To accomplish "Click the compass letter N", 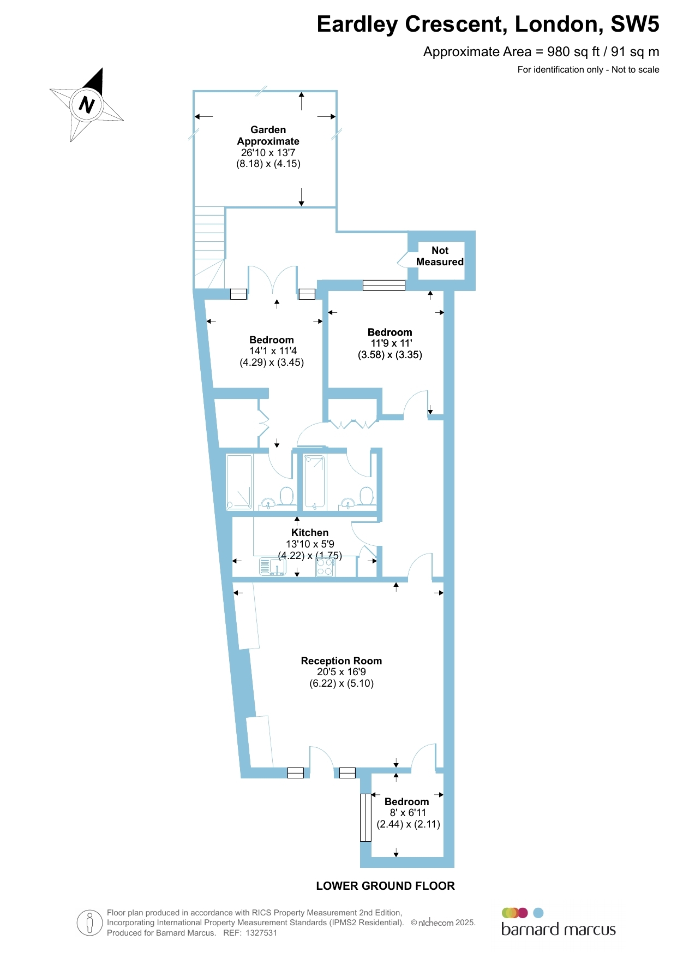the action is click(x=87, y=104).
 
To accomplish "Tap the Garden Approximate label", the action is click(x=268, y=135).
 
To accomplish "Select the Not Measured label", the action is click(x=440, y=256).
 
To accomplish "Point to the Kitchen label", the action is click(x=310, y=532).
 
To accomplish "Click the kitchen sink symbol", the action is click(x=273, y=567).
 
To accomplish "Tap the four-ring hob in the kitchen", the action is click(x=325, y=567).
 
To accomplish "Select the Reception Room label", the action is click(x=342, y=661).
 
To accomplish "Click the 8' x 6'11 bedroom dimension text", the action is click(x=408, y=813).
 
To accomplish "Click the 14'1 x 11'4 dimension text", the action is click(x=273, y=351).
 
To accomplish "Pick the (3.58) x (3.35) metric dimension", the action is click(x=390, y=355).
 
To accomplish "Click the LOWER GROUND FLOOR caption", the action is click(x=385, y=886).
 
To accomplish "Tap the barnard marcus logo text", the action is click(x=558, y=929).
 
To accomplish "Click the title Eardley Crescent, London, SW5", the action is click(x=488, y=25).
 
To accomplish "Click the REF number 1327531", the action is click(x=261, y=933).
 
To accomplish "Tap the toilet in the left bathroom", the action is click(x=287, y=496).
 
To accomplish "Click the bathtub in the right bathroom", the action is click(x=315, y=482).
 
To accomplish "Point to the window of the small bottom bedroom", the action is click(x=366, y=818).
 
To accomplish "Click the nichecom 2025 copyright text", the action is click(x=443, y=923).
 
